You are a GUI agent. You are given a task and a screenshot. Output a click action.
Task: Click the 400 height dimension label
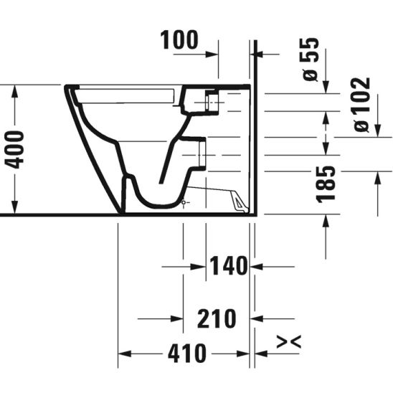tap(15, 150)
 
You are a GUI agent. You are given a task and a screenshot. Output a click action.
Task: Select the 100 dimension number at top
tap(179, 40)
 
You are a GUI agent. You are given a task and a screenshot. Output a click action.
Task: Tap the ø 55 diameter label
tap(311, 60)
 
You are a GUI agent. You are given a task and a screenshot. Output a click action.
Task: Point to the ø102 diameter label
tap(362, 105)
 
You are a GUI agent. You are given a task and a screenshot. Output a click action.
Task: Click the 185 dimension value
tap(326, 184)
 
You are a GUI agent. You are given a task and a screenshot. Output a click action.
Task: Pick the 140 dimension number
tap(228, 266)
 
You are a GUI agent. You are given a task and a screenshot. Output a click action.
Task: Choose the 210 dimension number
tap(217, 319)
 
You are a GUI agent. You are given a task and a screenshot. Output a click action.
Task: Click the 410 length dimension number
tap(187, 354)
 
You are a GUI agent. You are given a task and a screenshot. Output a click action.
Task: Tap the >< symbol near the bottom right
tap(289, 341)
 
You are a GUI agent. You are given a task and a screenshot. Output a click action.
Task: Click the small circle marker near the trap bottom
tap(184, 202)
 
